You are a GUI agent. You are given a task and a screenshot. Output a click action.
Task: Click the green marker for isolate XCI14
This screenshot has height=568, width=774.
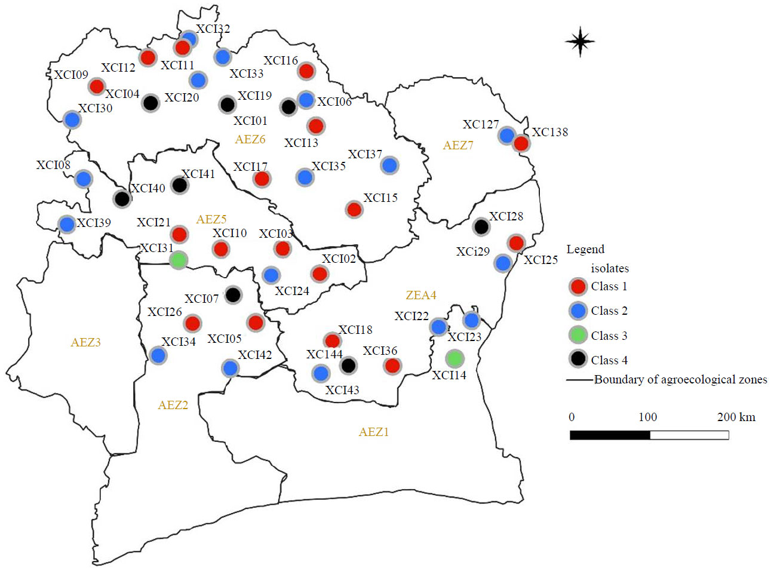[454, 358]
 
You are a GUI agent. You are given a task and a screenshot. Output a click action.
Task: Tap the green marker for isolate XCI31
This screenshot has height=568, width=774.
[179, 260]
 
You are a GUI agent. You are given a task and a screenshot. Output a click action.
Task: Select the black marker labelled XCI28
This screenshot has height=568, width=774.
[481, 226]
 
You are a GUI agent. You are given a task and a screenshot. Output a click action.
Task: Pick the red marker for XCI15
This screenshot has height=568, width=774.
[354, 210]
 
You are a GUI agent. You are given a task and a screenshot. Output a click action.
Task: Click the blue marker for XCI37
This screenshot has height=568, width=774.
[389, 165]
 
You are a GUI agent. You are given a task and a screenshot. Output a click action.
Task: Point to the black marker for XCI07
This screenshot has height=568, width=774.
[233, 294]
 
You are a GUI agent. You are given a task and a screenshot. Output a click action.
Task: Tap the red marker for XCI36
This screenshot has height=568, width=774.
[392, 365]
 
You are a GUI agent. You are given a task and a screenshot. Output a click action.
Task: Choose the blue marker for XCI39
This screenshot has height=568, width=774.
[67, 224]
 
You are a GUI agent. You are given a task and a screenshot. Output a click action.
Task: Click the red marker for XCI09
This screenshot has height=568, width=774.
[97, 86]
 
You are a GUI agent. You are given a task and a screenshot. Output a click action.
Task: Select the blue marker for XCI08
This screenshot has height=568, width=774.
[84, 178]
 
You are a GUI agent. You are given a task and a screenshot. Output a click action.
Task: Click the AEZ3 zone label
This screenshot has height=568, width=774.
[85, 342]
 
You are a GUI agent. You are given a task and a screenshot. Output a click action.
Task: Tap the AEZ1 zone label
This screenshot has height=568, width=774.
[374, 432]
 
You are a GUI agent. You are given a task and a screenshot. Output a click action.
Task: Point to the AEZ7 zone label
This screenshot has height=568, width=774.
[458, 145]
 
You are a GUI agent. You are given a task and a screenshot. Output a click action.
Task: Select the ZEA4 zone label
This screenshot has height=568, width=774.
[421, 295]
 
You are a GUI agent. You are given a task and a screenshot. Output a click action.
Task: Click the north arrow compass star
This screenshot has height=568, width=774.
[580, 41]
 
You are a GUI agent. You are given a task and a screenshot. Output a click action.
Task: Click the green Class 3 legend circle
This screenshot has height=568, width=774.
[578, 336]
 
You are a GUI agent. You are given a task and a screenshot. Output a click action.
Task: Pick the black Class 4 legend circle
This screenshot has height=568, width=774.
[578, 360]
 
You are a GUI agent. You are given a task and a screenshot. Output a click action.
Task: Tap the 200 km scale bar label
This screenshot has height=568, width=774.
[736, 417]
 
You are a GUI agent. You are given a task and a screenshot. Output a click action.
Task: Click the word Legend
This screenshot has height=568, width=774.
[585, 249]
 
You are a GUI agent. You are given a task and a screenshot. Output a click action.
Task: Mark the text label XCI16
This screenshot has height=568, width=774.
[281, 60]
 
